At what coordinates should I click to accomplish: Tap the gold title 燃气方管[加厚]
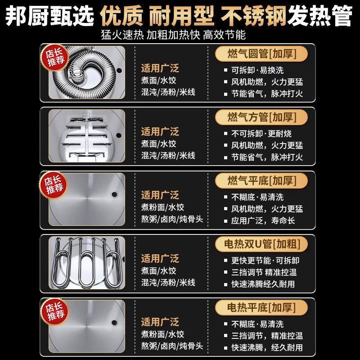(x=261, y=117)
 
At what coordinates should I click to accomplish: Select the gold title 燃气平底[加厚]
(x=261, y=181)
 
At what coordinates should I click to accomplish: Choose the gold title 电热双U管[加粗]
(x=261, y=244)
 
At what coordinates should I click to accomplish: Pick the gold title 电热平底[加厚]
(x=261, y=308)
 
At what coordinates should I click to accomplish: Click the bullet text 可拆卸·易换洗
(x=258, y=70)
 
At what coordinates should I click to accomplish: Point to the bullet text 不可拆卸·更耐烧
(x=261, y=134)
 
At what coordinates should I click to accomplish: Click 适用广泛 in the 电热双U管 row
(x=160, y=259)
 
